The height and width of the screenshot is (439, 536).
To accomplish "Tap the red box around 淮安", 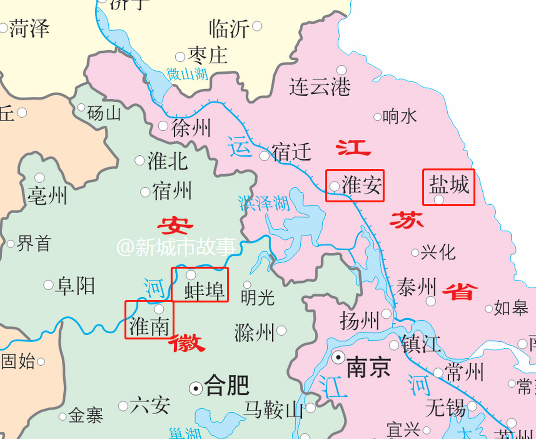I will (354, 186).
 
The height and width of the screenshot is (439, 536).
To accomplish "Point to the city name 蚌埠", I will (204, 290).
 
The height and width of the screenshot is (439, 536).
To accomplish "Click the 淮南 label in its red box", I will (149, 326).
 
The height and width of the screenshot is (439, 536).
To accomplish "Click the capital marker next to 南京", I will (338, 358).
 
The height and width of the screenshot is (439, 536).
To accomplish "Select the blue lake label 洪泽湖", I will (264, 203).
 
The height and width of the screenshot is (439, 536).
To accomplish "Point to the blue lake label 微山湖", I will (187, 74).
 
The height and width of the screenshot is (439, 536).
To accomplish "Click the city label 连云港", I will (320, 87).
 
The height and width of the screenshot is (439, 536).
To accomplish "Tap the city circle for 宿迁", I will (264, 156).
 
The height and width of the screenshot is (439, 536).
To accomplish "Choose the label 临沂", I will (229, 29).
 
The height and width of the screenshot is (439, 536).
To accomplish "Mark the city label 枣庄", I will (208, 56).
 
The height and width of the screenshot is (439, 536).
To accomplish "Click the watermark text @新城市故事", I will (176, 247).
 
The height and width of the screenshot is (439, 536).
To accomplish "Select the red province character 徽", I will (187, 343).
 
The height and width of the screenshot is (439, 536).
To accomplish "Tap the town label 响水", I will (399, 117).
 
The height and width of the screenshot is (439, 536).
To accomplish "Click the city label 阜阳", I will (76, 286).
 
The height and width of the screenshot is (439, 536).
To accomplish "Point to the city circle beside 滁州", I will (282, 331).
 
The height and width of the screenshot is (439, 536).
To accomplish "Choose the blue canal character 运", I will (240, 147).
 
